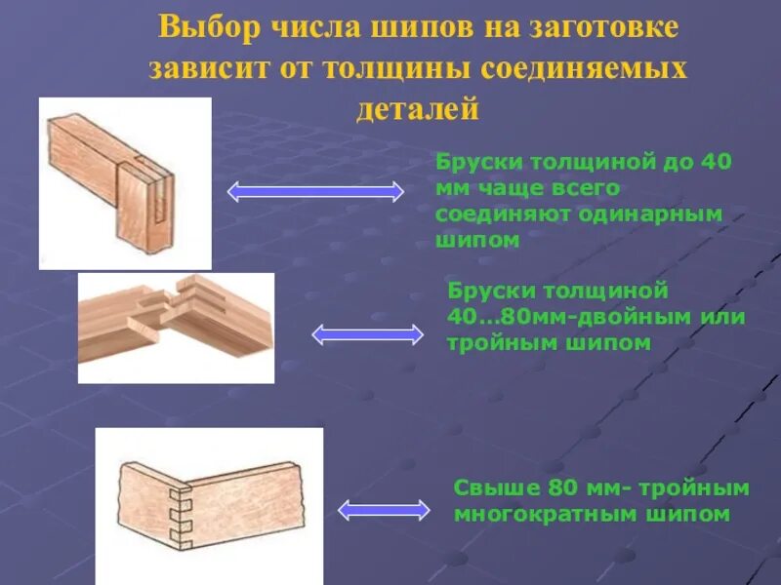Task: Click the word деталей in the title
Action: coord(418,108)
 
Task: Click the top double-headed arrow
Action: coord(315,192)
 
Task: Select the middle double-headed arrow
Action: coord(368,334)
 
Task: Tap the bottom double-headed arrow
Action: coord(384,509)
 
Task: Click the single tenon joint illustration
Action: coord(125,183)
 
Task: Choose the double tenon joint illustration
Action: coord(176,327)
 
